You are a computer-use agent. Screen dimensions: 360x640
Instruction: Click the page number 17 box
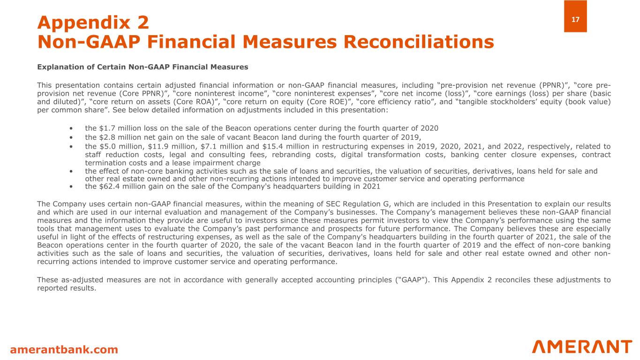point(575,16)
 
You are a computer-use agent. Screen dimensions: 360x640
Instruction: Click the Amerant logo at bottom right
point(582,347)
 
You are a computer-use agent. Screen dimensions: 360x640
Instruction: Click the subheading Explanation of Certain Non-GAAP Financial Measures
point(143,67)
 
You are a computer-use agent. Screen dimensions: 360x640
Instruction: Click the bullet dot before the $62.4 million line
point(71,187)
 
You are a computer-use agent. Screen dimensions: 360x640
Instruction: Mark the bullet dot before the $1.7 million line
point(71,128)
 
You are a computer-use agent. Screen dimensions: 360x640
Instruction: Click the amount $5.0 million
point(119,146)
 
